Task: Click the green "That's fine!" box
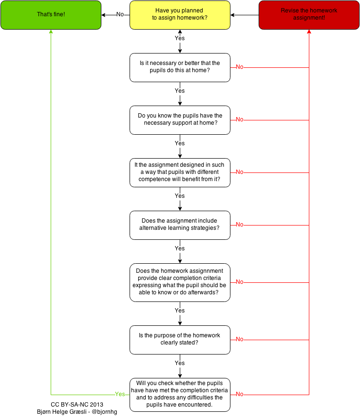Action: (x=51, y=15)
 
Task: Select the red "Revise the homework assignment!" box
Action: (x=309, y=15)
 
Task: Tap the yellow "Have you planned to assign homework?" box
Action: (x=180, y=15)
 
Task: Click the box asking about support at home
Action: (x=180, y=119)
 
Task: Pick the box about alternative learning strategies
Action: (x=180, y=225)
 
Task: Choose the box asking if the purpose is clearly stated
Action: (x=180, y=339)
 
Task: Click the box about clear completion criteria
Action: (x=180, y=282)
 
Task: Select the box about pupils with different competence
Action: (x=180, y=172)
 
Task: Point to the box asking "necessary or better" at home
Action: (x=180, y=67)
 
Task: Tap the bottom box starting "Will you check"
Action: (x=180, y=394)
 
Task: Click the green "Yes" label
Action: (x=120, y=394)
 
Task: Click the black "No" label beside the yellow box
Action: (x=120, y=14)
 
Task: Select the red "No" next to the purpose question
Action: (x=240, y=339)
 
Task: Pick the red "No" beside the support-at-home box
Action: (x=240, y=119)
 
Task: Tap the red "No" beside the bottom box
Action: (x=240, y=394)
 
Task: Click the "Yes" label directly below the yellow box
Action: (x=180, y=38)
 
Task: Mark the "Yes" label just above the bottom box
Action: (x=180, y=363)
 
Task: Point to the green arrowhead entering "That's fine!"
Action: (x=51, y=32)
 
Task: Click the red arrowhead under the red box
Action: (x=309, y=32)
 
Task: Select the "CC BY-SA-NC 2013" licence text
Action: (x=77, y=404)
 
